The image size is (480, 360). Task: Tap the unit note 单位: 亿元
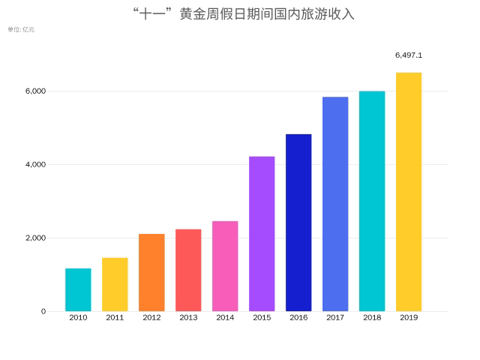point(21,29)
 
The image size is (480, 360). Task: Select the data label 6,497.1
point(409,55)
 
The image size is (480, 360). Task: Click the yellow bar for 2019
point(409,192)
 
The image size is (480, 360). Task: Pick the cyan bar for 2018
point(372,201)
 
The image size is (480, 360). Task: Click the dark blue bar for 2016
point(298,223)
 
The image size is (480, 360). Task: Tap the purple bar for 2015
point(262,234)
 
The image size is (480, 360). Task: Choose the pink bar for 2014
point(225,266)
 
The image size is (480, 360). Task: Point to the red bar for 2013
point(188,270)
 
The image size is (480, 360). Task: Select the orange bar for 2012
point(151,272)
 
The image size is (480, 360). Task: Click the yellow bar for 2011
point(115,284)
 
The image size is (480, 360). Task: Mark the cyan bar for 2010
point(78,289)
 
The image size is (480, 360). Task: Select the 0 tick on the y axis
point(43,311)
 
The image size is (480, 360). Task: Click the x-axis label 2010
point(78,318)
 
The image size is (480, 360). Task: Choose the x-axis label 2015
point(262,318)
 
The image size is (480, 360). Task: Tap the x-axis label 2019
point(409,318)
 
